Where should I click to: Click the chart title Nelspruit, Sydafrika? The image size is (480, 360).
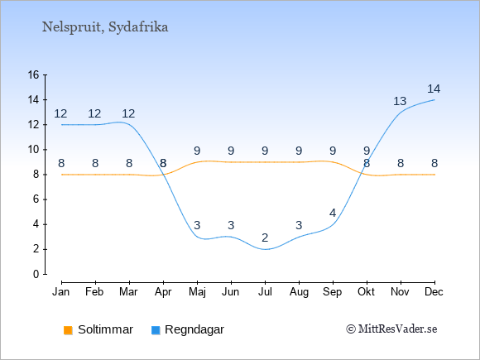[105, 27]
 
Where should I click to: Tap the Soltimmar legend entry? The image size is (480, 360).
[98, 329]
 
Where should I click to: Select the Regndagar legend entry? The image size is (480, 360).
[188, 329]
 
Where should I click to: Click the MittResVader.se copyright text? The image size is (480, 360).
[391, 329]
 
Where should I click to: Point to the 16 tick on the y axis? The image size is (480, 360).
[33, 74]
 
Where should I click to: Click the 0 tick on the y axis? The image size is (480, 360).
[36, 274]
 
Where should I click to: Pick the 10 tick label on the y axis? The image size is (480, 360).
[33, 150]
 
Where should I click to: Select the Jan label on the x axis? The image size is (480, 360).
[61, 292]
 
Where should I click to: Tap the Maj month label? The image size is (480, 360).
[197, 292]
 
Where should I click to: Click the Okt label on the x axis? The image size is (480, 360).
[367, 292]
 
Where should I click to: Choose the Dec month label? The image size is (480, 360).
[434, 292]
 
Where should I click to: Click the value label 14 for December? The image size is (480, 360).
[434, 89]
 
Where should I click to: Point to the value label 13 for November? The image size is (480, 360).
[400, 101]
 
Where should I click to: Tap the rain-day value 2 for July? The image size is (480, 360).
[265, 238]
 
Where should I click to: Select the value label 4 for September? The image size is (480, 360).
[333, 213]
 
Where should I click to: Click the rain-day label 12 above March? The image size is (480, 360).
[128, 114]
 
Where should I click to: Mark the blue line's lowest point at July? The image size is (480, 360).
[265, 249]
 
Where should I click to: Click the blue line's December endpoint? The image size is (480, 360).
[434, 100]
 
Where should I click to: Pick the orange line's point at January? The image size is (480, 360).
[62, 175]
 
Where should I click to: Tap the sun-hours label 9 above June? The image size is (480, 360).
[231, 151]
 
